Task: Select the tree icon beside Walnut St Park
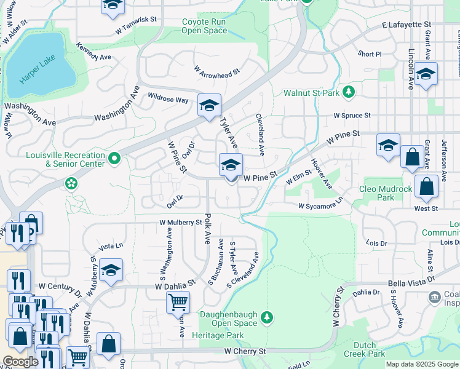[x=349, y=93]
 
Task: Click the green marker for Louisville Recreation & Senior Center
[x=114, y=159]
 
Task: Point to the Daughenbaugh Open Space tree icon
[x=266, y=317]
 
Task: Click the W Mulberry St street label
[x=181, y=222]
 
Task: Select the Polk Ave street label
[x=208, y=227]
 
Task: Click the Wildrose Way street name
[x=168, y=99]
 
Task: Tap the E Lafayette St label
[x=406, y=25]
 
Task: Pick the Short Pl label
[x=370, y=54]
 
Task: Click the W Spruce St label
[x=352, y=115]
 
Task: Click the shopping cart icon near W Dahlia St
[x=178, y=302]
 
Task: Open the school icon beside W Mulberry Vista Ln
[x=111, y=270]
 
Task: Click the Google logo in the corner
[x=20, y=362]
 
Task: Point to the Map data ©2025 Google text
[x=422, y=364]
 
